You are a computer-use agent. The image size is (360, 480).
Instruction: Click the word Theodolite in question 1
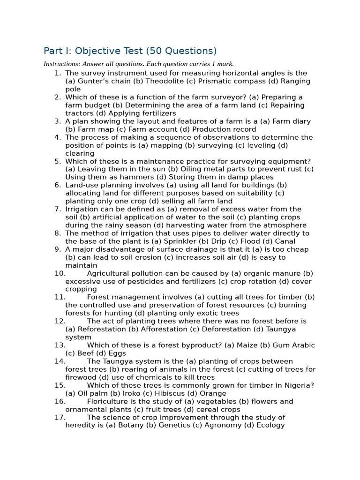click(163, 81)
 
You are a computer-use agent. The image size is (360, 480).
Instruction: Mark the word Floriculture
click(108, 401)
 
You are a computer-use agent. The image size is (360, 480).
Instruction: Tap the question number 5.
click(58, 161)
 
